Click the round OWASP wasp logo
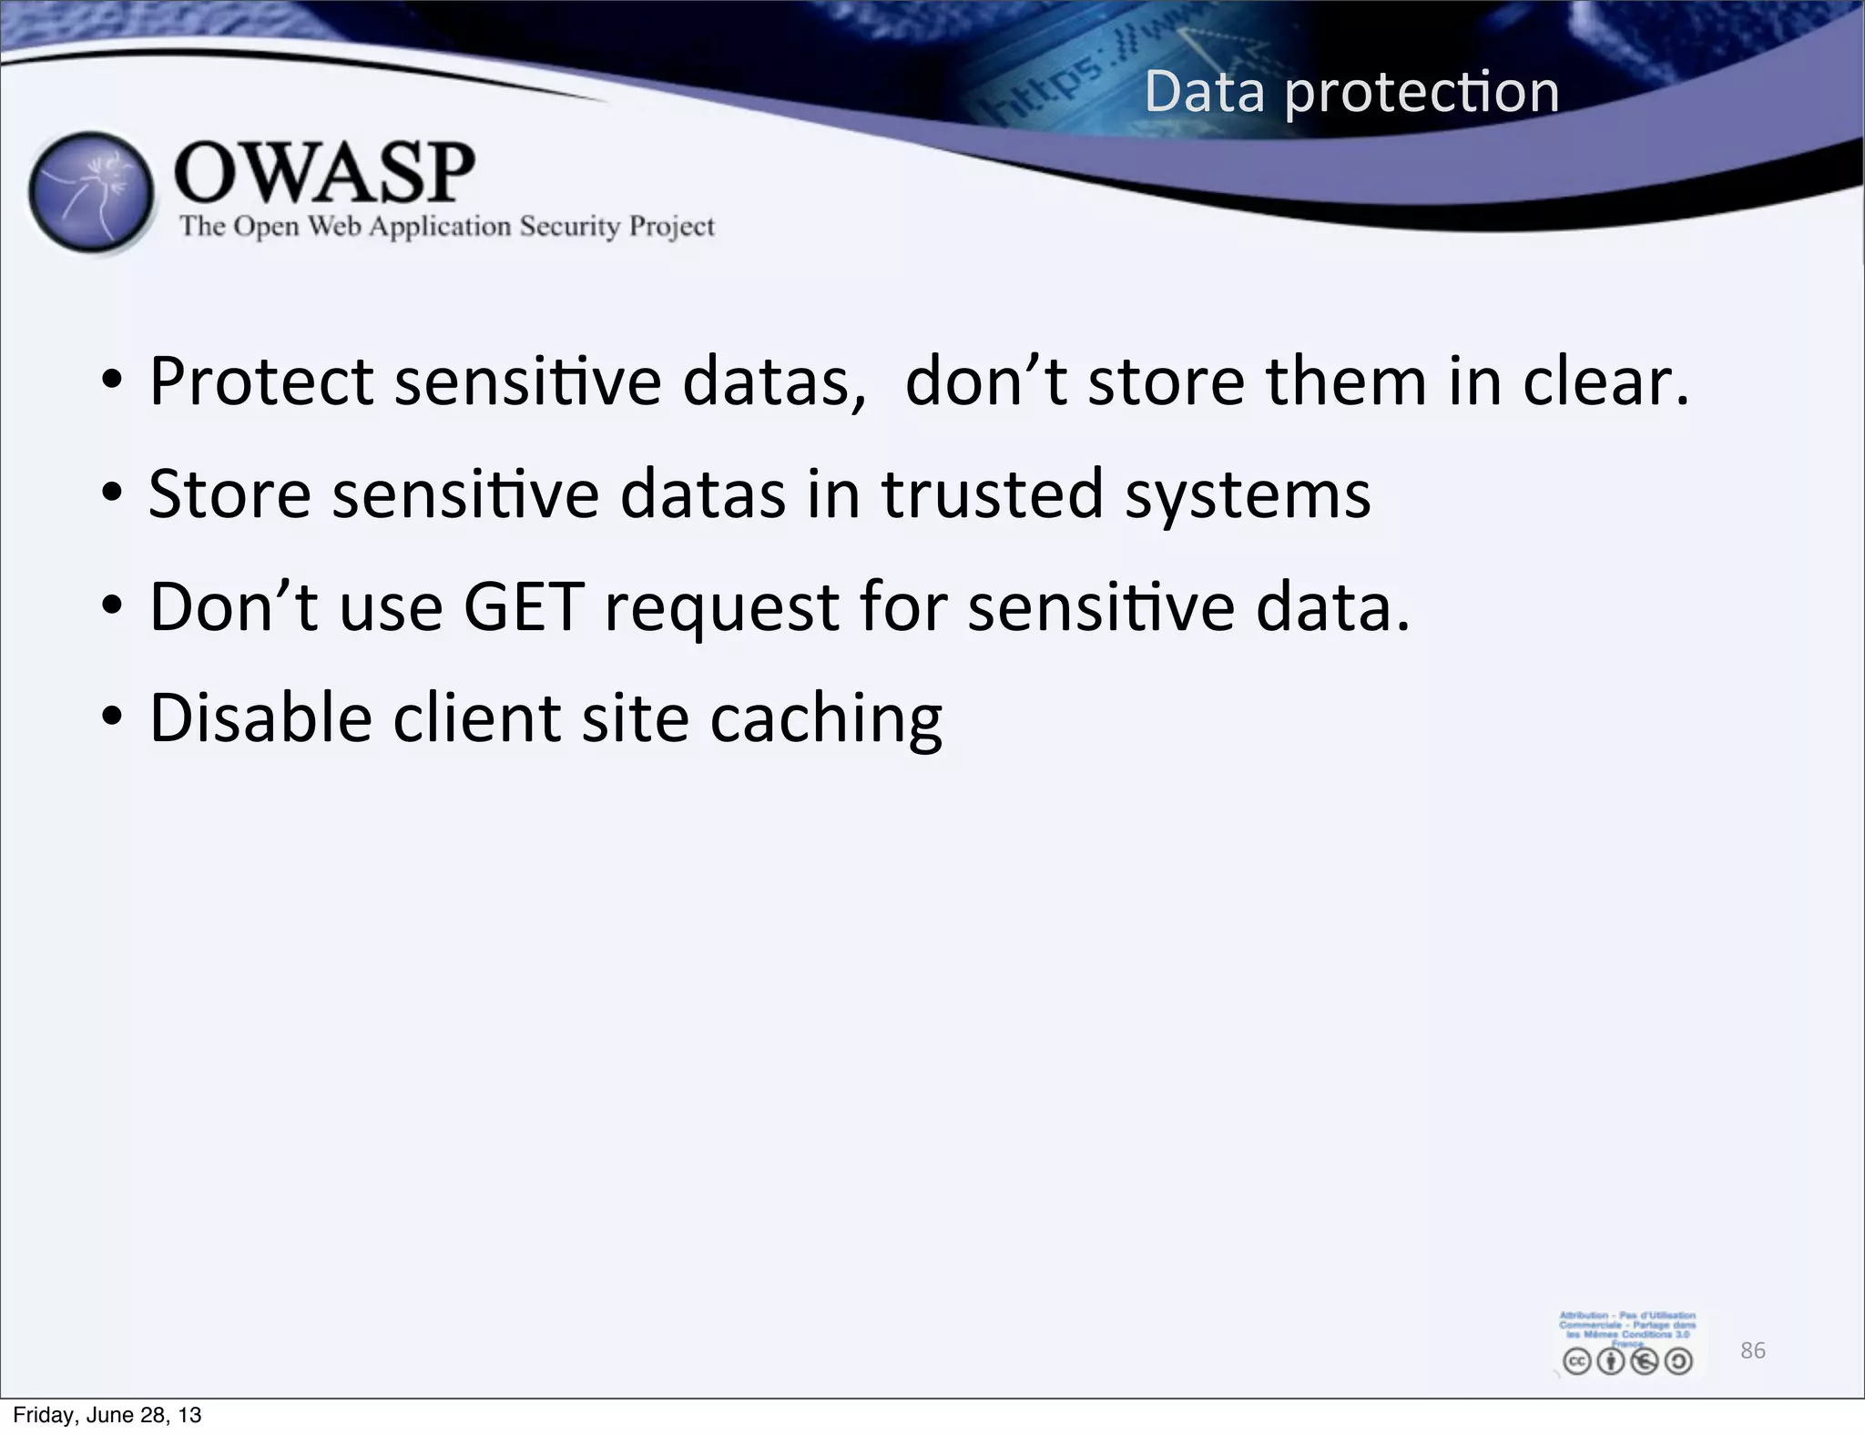[91, 192]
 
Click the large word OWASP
[324, 173]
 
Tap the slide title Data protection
[1351, 92]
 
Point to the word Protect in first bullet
[260, 382]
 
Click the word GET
[524, 606]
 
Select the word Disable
[260, 718]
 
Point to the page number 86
[1752, 1350]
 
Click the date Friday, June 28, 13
[107, 1415]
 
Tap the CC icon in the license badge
[1576, 1361]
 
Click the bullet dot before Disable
[111, 718]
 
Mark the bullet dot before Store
[111, 494]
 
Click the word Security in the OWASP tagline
[569, 226]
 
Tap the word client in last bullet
[476, 718]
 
